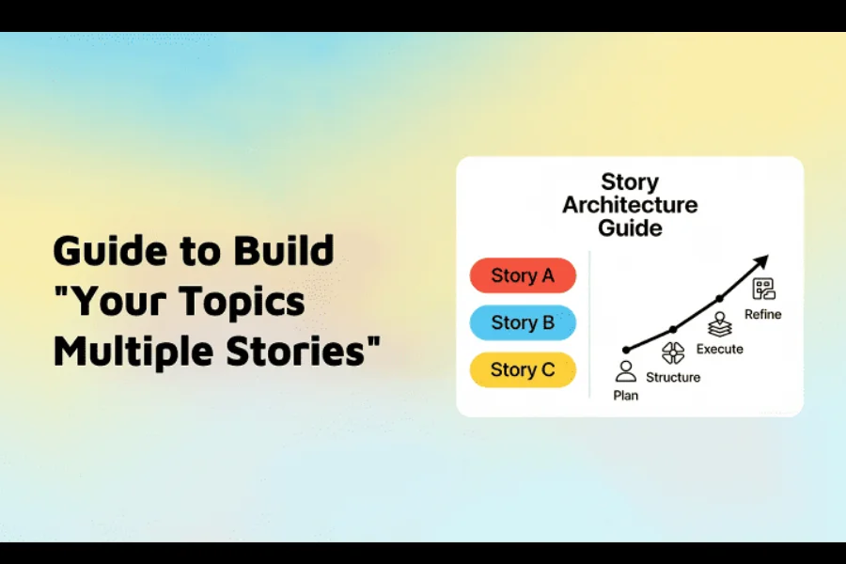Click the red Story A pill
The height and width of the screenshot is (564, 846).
tap(523, 275)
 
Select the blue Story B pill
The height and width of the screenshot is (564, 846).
tap(523, 322)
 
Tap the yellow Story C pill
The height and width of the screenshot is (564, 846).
tap(523, 369)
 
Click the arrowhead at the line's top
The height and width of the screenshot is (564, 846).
tap(761, 261)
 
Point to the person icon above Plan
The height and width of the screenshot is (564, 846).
tap(626, 371)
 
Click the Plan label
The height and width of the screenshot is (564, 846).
tap(626, 396)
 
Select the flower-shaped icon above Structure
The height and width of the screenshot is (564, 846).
tap(673, 353)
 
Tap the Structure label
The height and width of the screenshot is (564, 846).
tap(673, 377)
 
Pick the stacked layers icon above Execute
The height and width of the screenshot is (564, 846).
tap(720, 324)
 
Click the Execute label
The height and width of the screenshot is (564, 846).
tap(720, 349)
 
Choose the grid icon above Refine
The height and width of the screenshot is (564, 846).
tap(764, 289)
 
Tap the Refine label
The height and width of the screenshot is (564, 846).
tap(763, 314)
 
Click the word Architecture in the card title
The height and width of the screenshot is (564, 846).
tap(630, 205)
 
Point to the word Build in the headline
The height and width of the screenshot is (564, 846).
tap(284, 250)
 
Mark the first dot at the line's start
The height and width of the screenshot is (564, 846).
tap(626, 351)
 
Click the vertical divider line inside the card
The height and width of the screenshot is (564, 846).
tap(589, 324)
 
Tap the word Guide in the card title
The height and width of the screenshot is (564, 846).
tap(630, 228)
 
